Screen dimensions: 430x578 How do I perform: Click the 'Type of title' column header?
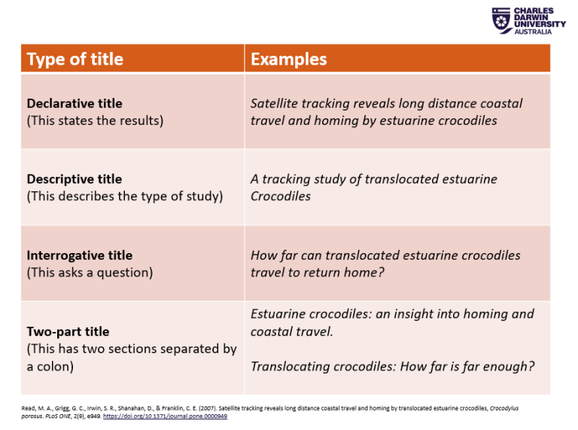75,59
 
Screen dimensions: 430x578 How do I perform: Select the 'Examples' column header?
288,59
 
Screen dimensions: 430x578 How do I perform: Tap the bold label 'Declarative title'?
75,103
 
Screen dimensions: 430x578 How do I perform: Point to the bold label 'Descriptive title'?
75,179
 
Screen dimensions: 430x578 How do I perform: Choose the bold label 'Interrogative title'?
80,255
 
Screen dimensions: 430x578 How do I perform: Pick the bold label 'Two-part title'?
68,331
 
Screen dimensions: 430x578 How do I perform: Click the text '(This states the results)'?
95,120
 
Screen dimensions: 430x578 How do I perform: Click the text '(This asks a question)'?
90,273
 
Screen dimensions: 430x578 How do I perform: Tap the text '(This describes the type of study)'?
125,197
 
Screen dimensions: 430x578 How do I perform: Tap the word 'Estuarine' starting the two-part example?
279,314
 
